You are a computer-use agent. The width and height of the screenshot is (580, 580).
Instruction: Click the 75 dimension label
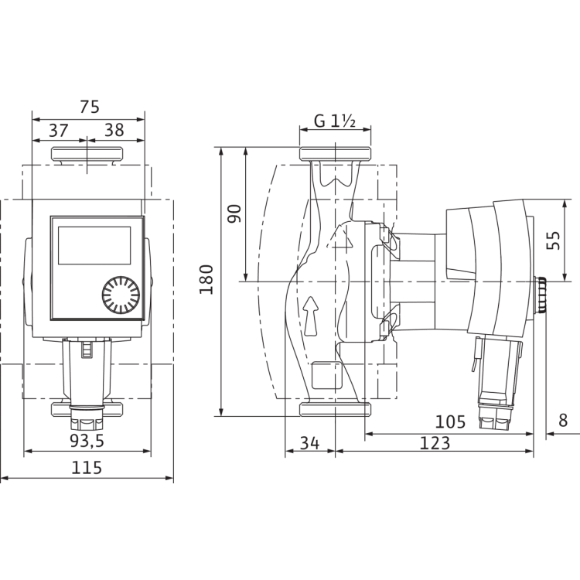pyautogui.click(x=90, y=107)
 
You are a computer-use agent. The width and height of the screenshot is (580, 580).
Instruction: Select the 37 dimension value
pyautogui.click(x=59, y=131)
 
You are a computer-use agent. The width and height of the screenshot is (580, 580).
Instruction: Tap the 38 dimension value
pyautogui.click(x=114, y=130)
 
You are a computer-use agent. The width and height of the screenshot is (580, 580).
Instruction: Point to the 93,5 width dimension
pyautogui.click(x=87, y=441)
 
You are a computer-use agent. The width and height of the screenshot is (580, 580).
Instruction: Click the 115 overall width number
pyautogui.click(x=87, y=468)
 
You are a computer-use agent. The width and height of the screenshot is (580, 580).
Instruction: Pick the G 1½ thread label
pyautogui.click(x=335, y=121)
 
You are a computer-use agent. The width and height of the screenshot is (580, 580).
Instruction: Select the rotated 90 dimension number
pyautogui.click(x=234, y=213)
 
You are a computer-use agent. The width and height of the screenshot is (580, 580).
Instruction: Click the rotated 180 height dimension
pyautogui.click(x=206, y=280)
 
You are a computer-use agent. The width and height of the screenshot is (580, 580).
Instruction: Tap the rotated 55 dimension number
pyautogui.click(x=554, y=241)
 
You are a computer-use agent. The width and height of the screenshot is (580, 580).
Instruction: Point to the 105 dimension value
pyautogui.click(x=450, y=421)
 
